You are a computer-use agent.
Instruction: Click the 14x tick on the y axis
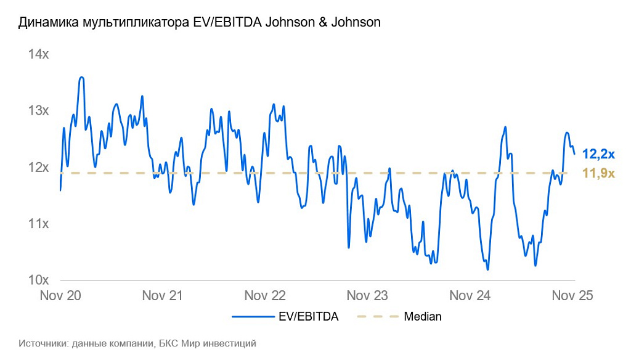pos(38,55)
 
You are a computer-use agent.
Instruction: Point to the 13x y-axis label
pos(38,111)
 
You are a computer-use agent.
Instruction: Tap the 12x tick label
pos(38,167)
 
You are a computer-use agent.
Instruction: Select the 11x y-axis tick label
pos(38,223)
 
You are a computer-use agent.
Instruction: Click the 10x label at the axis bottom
pos(38,280)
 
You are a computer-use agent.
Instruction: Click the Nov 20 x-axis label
pos(60,296)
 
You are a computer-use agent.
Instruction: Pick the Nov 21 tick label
pos(163,296)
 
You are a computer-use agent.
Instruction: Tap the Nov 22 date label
pos(265,296)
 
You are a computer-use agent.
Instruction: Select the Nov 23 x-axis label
pos(367,296)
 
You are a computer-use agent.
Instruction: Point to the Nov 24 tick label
pos(470,296)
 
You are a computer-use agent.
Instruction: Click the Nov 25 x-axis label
pos(572,296)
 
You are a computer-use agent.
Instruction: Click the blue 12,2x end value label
pos(599,154)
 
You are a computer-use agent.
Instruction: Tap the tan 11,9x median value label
pos(599,173)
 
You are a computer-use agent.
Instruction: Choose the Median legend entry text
pos(423,317)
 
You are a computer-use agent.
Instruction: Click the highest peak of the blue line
pos(81,77)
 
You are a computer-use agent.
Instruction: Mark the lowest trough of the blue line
pos(487,269)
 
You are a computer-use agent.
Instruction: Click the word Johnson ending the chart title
pos(356,23)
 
